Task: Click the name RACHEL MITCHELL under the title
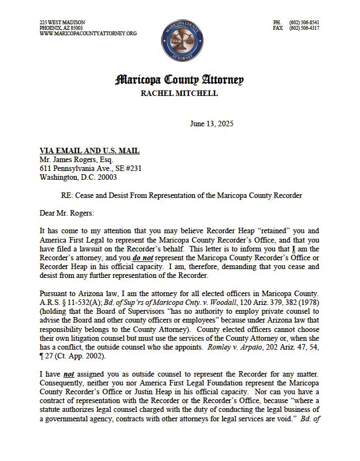coord(179,93)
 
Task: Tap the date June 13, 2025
coord(211,124)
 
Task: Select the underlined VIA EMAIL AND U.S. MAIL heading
coord(89,151)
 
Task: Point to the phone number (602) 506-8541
coord(304,23)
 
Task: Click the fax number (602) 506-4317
coord(304,28)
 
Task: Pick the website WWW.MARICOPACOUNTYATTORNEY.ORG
coord(88,34)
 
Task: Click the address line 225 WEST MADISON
coord(62,23)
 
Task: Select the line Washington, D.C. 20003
coord(78,178)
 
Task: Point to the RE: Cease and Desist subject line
coord(181,195)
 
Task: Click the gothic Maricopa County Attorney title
coord(179,80)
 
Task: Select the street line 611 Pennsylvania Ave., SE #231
coord(90,168)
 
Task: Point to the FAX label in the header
coord(278,28)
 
